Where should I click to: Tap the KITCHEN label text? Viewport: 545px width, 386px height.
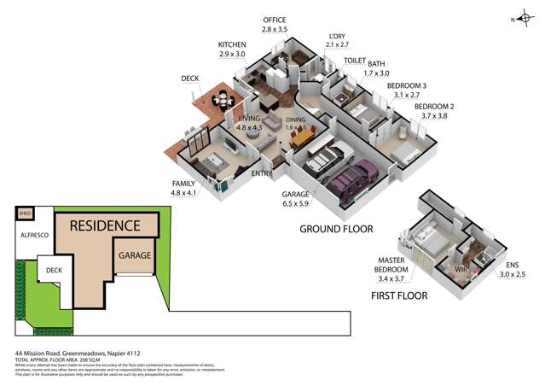click(232, 44)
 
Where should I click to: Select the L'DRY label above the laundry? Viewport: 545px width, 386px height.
click(337, 37)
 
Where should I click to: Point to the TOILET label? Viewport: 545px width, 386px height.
click(354, 61)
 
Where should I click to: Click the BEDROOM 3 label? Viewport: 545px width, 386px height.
click(406, 86)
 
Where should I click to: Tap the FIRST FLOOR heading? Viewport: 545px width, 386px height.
click(399, 295)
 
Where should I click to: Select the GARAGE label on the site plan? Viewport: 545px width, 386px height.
click(136, 254)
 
